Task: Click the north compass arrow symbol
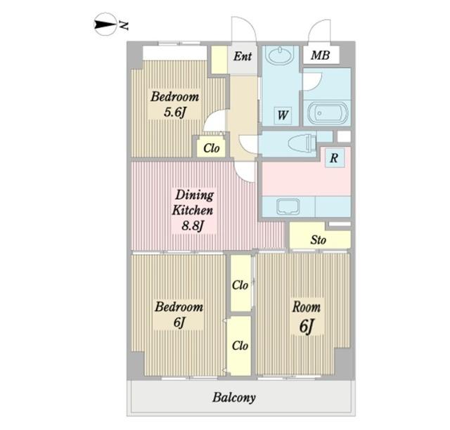coord(105,25)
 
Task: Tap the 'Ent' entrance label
coord(243,56)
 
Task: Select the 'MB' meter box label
coord(321,55)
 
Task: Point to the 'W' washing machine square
coord(283,115)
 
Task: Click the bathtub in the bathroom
coord(327,112)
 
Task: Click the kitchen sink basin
coord(288,207)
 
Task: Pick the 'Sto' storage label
coord(318,240)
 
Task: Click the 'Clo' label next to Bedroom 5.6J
coord(212,148)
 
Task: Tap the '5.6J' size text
coord(174,112)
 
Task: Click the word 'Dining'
coord(195,195)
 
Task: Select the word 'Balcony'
coord(234,398)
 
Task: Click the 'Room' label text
coord(307,307)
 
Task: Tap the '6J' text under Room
coord(307,326)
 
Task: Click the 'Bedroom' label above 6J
coord(179,307)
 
